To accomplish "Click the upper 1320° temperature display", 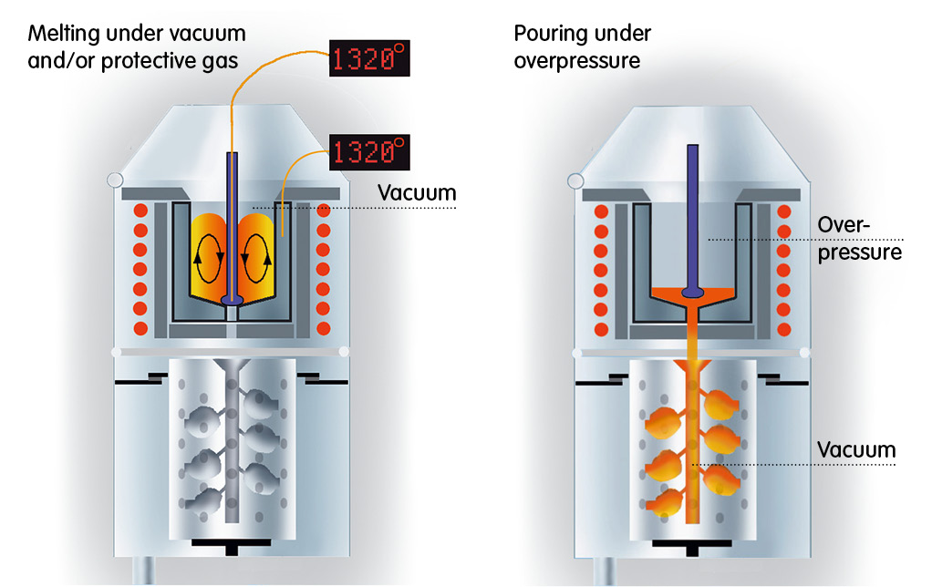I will [x=368, y=60].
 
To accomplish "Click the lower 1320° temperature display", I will [x=368, y=150].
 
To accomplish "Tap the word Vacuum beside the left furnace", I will [x=416, y=193].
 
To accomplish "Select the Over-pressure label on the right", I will [x=858, y=237].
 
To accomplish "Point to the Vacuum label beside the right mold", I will [x=856, y=449].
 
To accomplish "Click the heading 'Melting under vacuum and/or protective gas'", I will [x=138, y=47].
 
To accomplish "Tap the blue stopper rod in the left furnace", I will [x=233, y=219].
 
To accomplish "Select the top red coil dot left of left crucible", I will [x=140, y=211].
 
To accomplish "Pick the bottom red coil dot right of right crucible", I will [x=783, y=327].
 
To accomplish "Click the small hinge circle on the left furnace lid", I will [x=115, y=180].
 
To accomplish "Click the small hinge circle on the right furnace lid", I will [x=575, y=180].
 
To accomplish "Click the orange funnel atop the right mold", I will [x=695, y=366].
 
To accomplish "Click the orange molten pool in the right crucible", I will [x=695, y=295].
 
